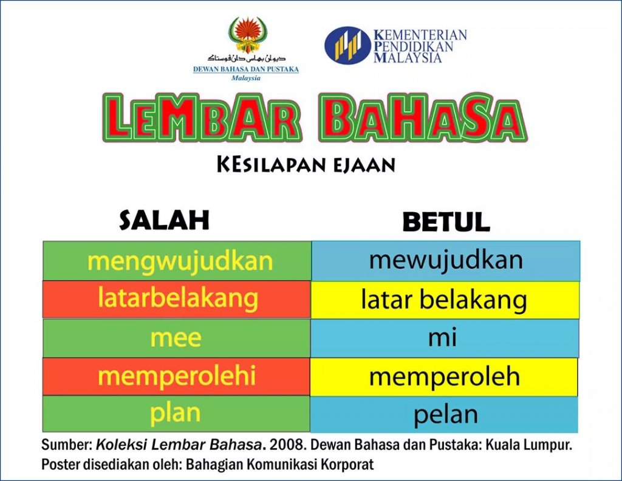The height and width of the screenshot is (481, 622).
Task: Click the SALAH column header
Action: point(164,220)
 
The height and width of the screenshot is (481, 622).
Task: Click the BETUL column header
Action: point(446,221)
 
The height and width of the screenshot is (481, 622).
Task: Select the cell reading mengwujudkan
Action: point(177,260)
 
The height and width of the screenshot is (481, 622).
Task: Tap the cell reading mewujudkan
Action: point(446,260)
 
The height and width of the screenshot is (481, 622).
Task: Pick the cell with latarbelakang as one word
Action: point(177,299)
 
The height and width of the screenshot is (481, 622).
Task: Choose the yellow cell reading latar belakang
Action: point(445,300)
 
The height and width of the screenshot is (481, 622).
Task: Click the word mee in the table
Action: point(176,338)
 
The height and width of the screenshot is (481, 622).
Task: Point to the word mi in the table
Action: point(442,337)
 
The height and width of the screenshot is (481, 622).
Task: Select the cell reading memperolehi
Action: point(176,376)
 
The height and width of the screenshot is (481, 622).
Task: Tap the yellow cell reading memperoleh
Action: point(444,377)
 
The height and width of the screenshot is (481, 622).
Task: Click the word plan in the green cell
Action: point(175,414)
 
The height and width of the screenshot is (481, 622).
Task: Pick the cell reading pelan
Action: point(444,414)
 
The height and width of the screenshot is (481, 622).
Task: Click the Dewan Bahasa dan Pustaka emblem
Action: point(248,35)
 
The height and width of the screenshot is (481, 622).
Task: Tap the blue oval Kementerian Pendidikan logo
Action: point(348,45)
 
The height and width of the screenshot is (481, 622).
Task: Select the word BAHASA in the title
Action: point(423,117)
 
